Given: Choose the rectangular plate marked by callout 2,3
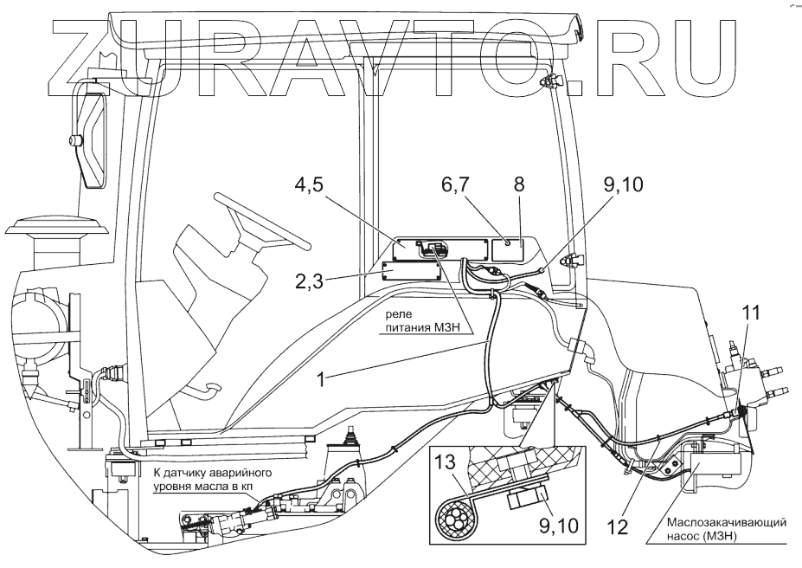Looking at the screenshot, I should pyautogui.click(x=412, y=271).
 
